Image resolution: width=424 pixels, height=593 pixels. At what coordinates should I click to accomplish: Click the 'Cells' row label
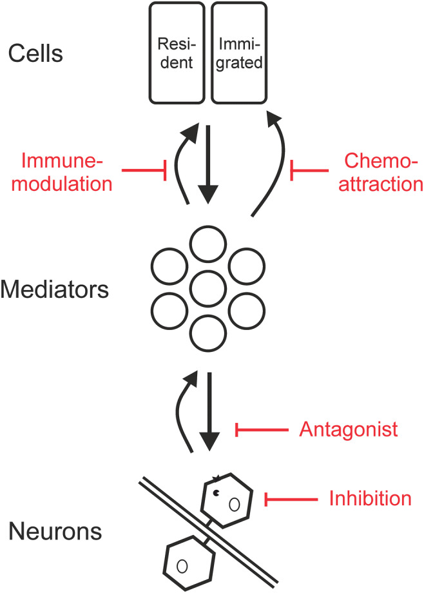click(x=35, y=53)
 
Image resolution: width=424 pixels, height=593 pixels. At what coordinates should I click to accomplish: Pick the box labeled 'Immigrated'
click(x=239, y=53)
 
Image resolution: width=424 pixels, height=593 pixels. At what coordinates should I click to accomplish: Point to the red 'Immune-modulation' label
click(x=64, y=172)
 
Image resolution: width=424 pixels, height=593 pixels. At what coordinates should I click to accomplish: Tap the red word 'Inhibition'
click(x=370, y=498)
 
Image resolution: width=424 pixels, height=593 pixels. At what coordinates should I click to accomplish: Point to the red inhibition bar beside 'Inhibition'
click(x=291, y=498)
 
